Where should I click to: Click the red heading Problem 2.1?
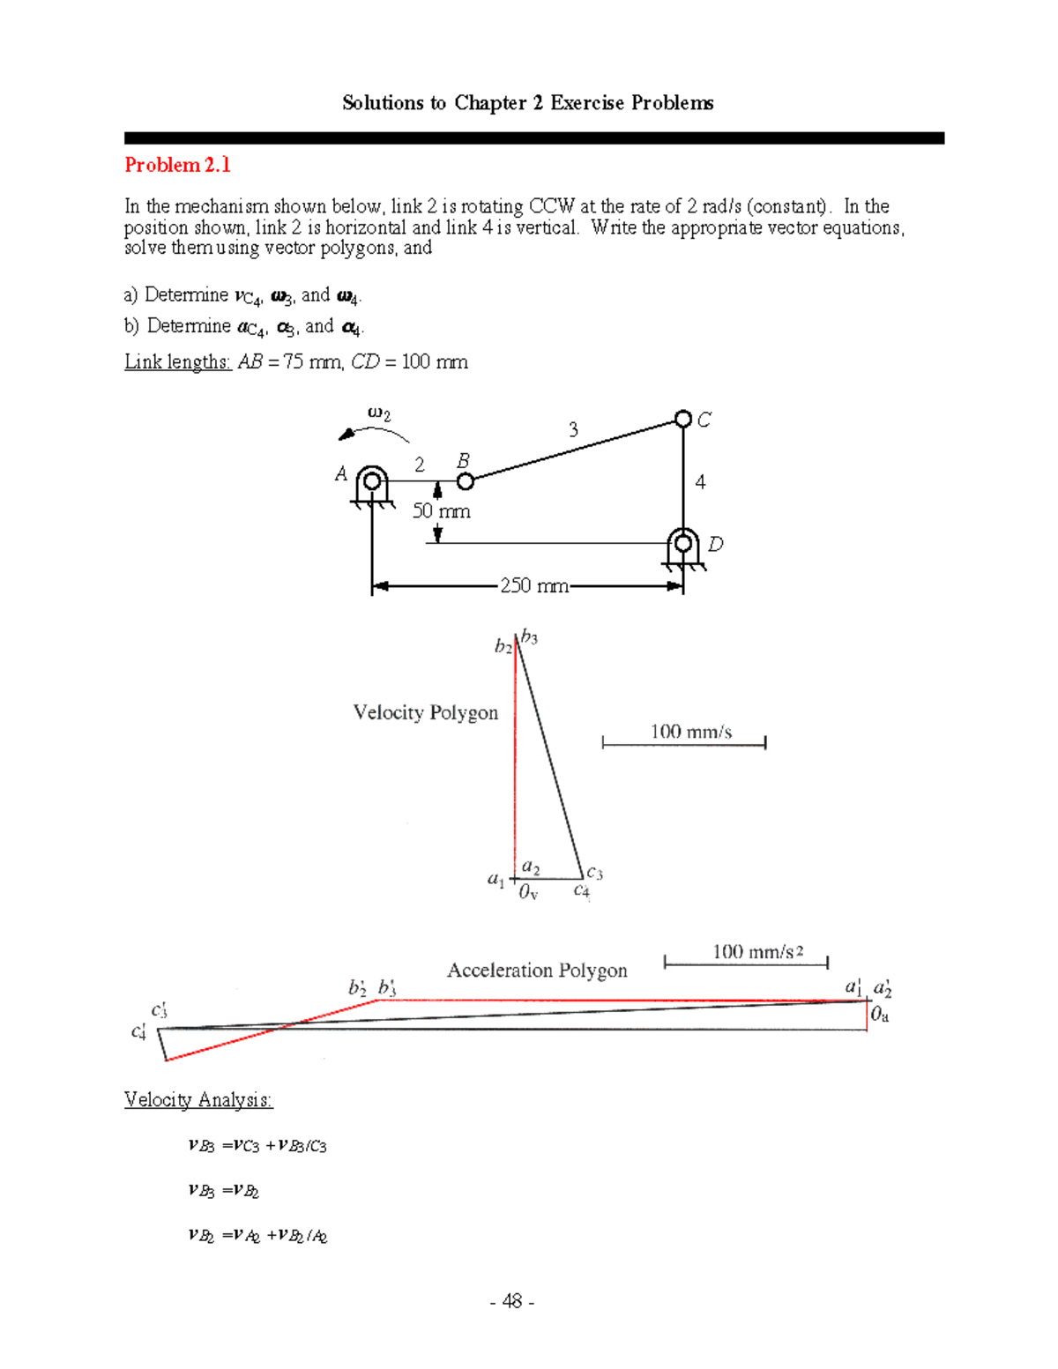point(177,165)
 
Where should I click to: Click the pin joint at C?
point(683,419)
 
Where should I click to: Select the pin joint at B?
point(466,480)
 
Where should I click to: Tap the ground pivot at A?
point(372,481)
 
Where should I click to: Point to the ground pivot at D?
point(683,543)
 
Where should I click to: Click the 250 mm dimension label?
point(533,585)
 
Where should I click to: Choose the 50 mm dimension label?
point(442,511)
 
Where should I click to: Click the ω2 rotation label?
point(378,413)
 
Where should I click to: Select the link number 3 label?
point(573,429)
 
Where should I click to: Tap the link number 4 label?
point(700,482)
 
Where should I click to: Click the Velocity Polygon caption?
point(425,712)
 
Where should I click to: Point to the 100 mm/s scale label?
point(690,731)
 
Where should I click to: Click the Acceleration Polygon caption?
point(537,971)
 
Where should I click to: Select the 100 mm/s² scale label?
point(757,951)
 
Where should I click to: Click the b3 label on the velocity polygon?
point(529,636)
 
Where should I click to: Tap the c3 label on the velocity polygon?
point(594,873)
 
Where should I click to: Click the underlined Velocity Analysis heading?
point(198,1099)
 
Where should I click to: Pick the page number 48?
point(511,1301)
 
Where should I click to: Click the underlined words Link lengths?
point(177,361)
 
